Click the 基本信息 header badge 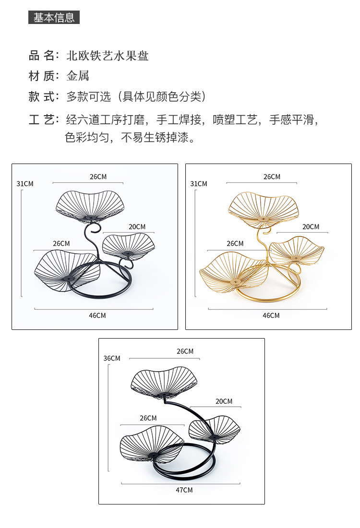click(x=54, y=18)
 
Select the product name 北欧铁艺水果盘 click(x=108, y=56)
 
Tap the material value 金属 click(x=78, y=76)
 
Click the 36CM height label click(x=112, y=358)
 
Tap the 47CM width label click(x=184, y=490)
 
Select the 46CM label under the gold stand click(x=271, y=315)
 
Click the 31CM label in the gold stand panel click(x=199, y=184)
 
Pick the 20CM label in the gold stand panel click(x=311, y=226)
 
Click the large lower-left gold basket click(x=234, y=272)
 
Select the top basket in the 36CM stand click(x=164, y=383)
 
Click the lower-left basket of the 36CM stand click(x=152, y=447)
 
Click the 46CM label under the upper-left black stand click(x=97, y=315)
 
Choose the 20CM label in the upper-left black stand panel click(x=137, y=226)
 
